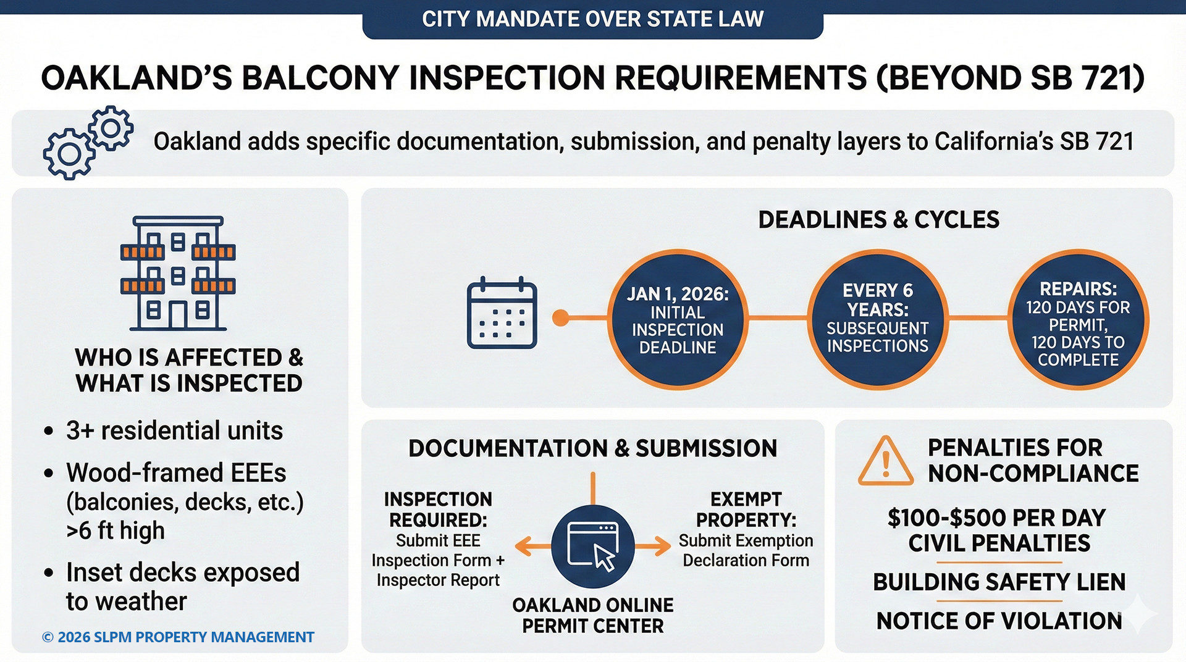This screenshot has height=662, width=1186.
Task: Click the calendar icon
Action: (x=502, y=313)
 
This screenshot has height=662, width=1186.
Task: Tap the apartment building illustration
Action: (x=178, y=273)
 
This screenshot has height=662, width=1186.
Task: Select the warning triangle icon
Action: (x=885, y=461)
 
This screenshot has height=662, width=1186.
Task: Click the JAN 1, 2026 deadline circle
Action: (x=678, y=319)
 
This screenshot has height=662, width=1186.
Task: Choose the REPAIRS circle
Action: (x=1078, y=319)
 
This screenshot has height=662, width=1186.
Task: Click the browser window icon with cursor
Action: (x=592, y=545)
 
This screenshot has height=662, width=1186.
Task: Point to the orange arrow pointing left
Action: (x=532, y=546)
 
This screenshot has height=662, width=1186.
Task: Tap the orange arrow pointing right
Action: (x=653, y=546)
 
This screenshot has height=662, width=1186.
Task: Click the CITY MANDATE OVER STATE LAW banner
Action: (x=592, y=19)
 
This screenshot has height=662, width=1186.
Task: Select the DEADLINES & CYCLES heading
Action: (x=878, y=220)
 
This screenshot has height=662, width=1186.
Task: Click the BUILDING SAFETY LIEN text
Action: (x=999, y=582)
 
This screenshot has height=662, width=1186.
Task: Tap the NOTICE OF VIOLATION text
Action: (x=999, y=621)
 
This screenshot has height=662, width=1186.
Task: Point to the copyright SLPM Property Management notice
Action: (x=178, y=637)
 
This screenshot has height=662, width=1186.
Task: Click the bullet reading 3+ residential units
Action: (x=174, y=430)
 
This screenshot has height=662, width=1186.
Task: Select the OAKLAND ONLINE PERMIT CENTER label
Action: (x=592, y=615)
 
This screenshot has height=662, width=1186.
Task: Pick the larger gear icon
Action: (x=68, y=154)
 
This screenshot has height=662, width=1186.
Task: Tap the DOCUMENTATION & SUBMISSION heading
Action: (x=592, y=448)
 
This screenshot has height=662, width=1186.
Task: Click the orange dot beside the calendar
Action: (x=560, y=318)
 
